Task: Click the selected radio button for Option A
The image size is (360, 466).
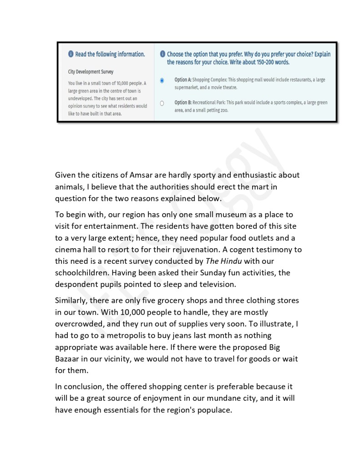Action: [162, 81]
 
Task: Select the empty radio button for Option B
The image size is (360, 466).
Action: [162, 104]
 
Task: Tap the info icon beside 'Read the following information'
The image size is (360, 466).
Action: [71, 54]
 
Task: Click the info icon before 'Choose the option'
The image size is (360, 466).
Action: [162, 54]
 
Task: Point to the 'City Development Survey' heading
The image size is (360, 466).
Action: [91, 72]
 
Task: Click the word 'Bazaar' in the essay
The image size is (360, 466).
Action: [69, 359]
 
